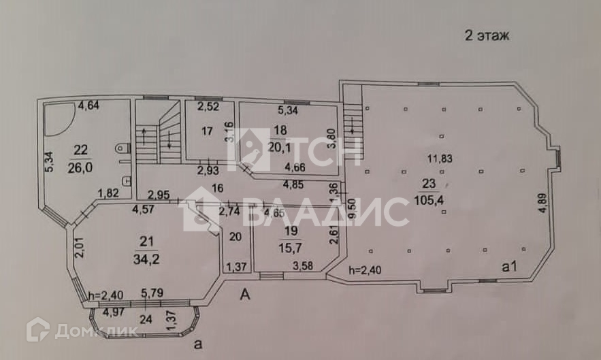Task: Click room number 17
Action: [208, 131]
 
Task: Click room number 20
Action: [235, 237]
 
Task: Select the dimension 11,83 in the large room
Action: [440, 159]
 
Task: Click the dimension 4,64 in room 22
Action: [88, 105]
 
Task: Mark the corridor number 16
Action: [218, 189]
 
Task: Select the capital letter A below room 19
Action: [246, 294]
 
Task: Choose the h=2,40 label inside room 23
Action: [366, 269]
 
